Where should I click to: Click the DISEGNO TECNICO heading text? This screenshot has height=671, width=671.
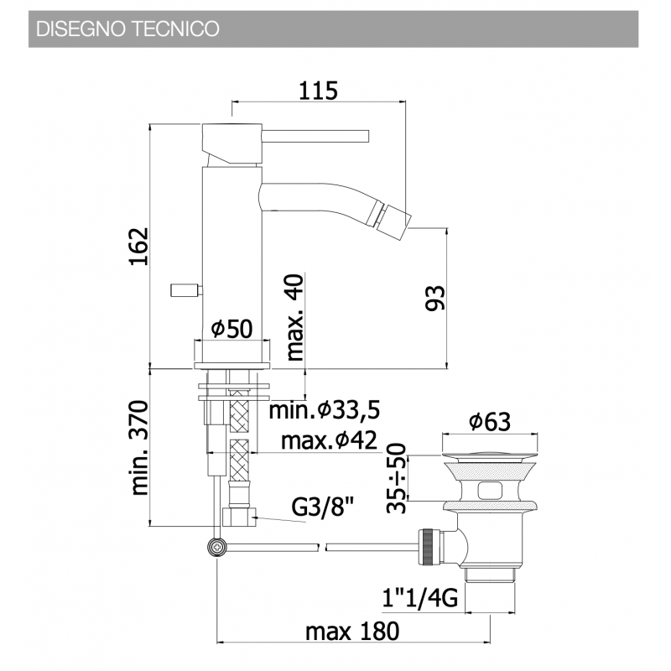click(127, 29)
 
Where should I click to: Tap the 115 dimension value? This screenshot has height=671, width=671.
click(318, 91)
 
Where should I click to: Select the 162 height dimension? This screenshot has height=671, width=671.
click(139, 247)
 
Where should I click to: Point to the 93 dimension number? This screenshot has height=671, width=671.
click(434, 298)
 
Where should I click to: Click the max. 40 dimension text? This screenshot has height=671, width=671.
click(294, 317)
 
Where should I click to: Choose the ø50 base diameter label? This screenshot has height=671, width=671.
click(232, 329)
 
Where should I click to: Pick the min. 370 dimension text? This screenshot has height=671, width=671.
click(139, 448)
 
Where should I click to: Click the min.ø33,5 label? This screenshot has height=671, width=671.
click(325, 410)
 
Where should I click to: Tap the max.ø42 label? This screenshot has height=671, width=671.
click(329, 440)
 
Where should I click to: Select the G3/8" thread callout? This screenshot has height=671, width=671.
click(323, 507)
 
